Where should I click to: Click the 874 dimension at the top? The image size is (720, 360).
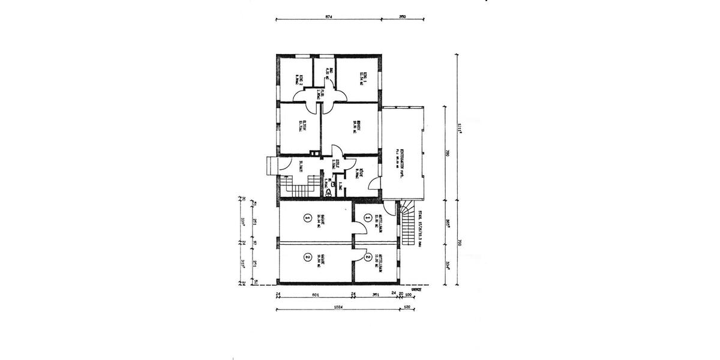click(328, 16)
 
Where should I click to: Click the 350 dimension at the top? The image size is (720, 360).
click(403, 16)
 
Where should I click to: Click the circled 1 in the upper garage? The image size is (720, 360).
click(307, 218)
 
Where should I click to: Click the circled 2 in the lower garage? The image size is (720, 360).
click(307, 258)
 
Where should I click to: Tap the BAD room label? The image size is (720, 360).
click(322, 75)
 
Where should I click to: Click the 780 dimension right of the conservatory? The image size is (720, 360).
click(447, 154)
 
